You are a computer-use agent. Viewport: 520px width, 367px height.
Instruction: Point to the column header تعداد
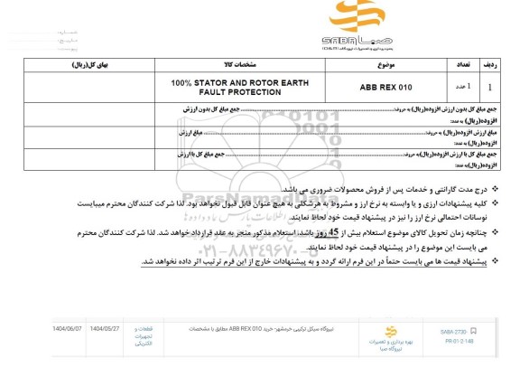click(x=455, y=66)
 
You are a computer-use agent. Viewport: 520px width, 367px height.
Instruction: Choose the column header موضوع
click(x=385, y=66)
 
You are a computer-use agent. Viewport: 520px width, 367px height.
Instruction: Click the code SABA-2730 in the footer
click(x=481, y=331)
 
